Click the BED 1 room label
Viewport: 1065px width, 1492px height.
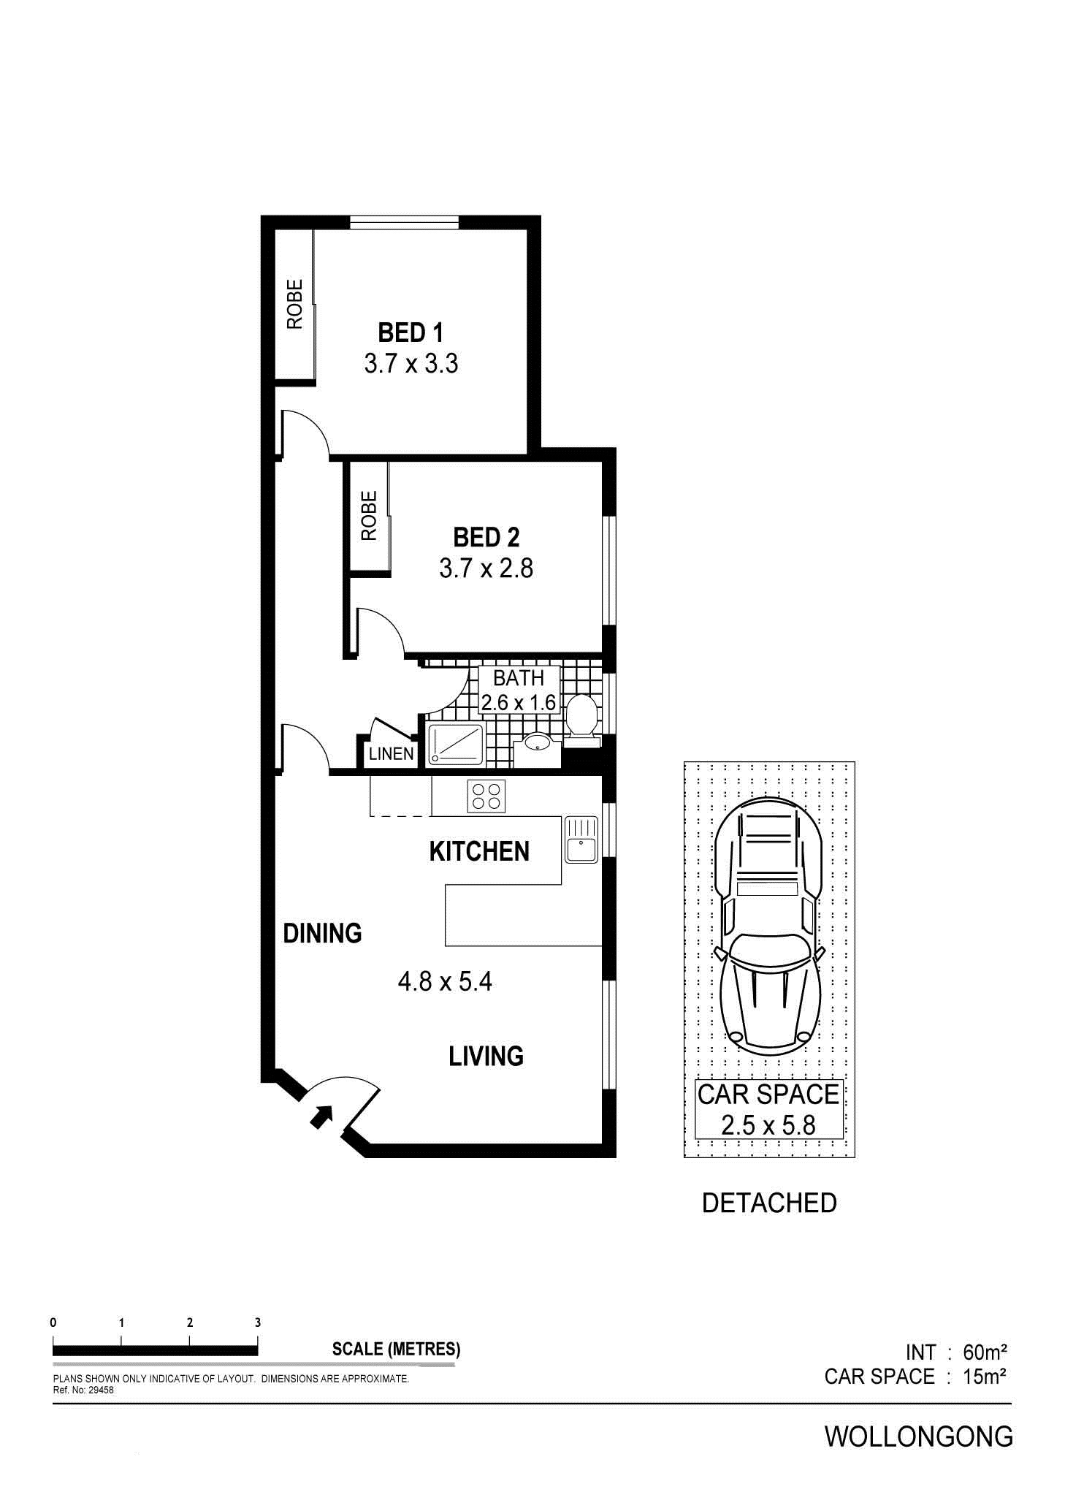tap(411, 333)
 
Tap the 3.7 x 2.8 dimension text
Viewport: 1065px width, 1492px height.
tap(486, 568)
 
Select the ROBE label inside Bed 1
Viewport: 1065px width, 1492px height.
tap(294, 304)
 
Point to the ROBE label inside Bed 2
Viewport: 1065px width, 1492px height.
tap(369, 515)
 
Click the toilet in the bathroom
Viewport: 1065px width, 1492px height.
tap(582, 720)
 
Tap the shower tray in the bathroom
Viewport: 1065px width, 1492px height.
tap(456, 744)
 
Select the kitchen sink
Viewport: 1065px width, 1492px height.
tap(581, 840)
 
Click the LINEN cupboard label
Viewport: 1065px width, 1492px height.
tap(391, 754)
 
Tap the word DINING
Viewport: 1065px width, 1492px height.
tap(322, 933)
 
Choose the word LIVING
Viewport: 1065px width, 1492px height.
tap(486, 1056)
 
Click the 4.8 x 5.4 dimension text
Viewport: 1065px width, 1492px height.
tap(445, 981)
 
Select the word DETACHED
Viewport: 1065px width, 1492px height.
tap(769, 1203)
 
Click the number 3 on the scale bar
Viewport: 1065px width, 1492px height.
tap(258, 1322)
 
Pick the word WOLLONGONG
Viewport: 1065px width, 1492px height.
tap(919, 1436)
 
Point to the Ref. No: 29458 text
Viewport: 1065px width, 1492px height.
tap(83, 1390)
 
